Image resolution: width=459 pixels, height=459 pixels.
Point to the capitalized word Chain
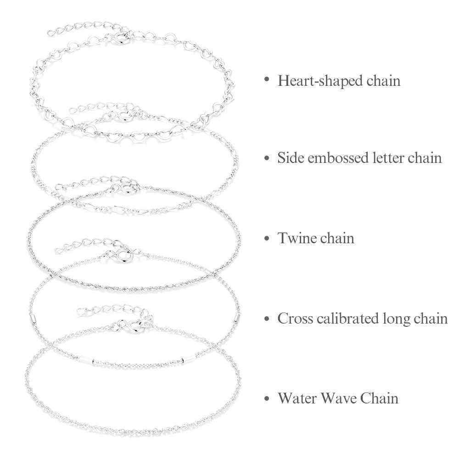pyautogui.click(x=380, y=397)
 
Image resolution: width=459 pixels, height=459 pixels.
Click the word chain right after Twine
pyautogui.click(x=336, y=238)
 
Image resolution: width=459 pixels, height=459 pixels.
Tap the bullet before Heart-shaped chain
pyautogui.click(x=266, y=80)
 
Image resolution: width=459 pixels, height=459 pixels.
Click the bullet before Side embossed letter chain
pyautogui.click(x=266, y=158)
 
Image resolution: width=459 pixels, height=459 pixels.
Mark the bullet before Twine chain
pyautogui.click(x=266, y=239)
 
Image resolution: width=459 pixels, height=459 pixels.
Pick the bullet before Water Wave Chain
pyautogui.click(x=266, y=398)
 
